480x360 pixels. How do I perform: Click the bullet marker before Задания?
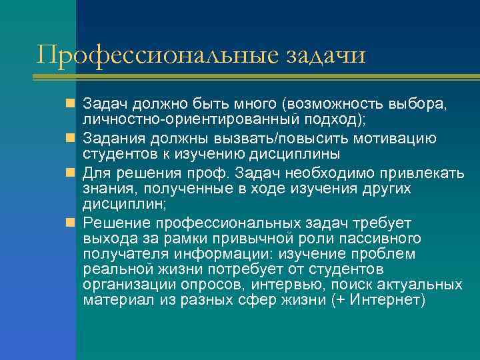pos(71,139)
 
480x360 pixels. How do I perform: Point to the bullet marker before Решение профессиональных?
pos(71,222)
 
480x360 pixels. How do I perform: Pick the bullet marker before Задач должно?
pos(71,104)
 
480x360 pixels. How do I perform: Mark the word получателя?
pos(125,254)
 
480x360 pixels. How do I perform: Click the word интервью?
pos(291,285)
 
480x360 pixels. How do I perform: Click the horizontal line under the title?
pos(256,78)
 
